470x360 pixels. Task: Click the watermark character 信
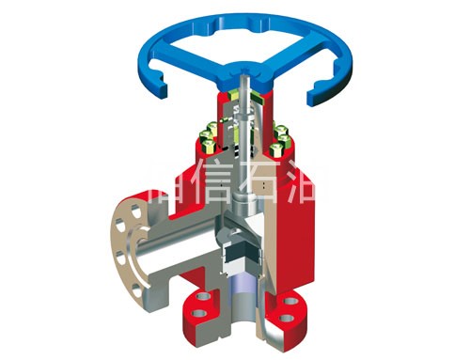tap(211, 190)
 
